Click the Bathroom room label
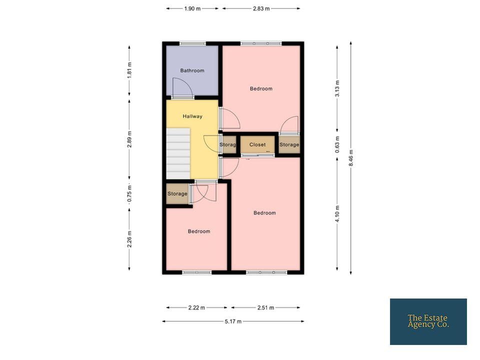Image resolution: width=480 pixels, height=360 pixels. coord(192,70)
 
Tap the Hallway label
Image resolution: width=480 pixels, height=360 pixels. coord(192,116)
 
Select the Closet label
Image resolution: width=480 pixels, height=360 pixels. coord(257,144)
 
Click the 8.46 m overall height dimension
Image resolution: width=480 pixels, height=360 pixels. coord(351,158)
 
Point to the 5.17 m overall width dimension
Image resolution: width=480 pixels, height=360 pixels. coord(233,321)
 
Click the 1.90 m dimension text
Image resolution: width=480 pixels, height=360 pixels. coord(192,8)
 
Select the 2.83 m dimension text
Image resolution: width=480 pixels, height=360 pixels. coord(261,8)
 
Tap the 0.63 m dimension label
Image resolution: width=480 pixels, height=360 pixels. coord(337,144)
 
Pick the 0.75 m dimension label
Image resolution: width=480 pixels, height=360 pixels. coord(129,194)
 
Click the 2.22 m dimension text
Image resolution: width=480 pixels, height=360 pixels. coord(196,307)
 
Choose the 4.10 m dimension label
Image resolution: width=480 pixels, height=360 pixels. coord(337,214)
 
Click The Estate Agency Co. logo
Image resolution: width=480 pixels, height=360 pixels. coord(428,321)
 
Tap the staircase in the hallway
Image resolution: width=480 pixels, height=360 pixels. coord(178,153)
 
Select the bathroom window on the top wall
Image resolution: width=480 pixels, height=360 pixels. coord(192,43)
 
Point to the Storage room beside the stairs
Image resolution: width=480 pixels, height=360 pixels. coord(177,194)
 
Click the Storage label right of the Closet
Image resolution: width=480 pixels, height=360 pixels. coord(289,144)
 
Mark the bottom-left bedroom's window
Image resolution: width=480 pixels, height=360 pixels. coord(197,272)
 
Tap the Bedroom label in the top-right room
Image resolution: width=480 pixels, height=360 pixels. coord(261,89)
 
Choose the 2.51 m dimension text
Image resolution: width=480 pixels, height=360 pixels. coord(265,307)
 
